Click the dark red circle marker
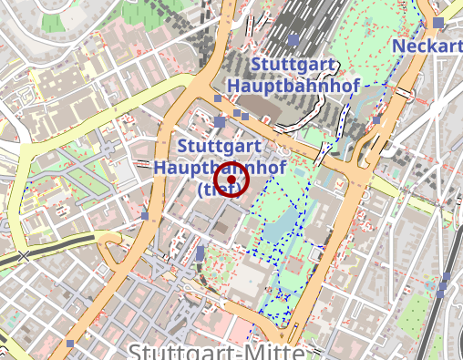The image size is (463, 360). tap(233, 180)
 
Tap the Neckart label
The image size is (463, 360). tap(427, 46)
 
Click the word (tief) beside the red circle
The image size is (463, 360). tap(214, 190)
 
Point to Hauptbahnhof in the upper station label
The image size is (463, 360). tap(294, 85)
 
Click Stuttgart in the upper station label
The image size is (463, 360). tap(293, 65)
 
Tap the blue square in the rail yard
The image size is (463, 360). tap(293, 40)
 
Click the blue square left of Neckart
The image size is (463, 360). tap(438, 23)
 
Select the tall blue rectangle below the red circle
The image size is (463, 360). tap(201, 252)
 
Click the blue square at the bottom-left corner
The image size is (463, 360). tap(71, 344)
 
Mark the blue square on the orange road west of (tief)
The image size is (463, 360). tap(145, 216)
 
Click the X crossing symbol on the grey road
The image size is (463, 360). tap(23, 256)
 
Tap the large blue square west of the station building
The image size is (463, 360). tap(220, 121)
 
